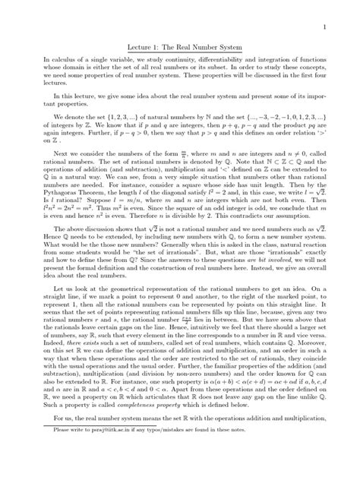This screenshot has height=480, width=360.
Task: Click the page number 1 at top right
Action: (x=324, y=27)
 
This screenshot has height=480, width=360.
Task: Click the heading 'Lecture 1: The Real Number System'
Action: (x=180, y=46)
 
